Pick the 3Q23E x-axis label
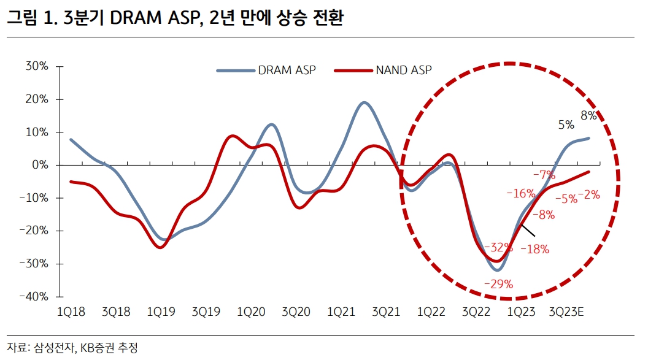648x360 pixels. click(x=569, y=312)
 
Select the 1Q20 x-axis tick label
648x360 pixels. click(x=251, y=312)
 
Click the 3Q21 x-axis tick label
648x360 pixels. click(x=386, y=312)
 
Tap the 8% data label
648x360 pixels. click(x=588, y=115)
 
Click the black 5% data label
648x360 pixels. click(x=566, y=125)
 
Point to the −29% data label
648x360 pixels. click(x=498, y=284)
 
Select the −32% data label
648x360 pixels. click(x=498, y=248)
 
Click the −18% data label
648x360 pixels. click(x=534, y=249)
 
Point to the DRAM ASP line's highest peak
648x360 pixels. click(x=364, y=102)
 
